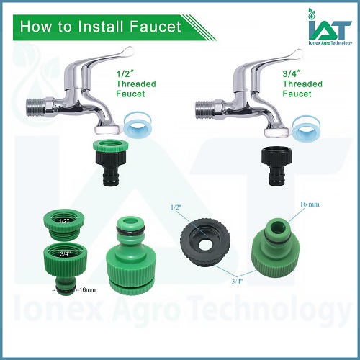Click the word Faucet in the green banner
tap(156, 27)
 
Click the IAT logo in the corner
tap(330, 27)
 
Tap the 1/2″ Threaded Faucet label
tap(136, 84)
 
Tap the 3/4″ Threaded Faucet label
tap(302, 84)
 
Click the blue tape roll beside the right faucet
tap(306, 127)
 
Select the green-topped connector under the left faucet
tap(110, 163)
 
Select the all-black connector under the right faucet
tap(276, 165)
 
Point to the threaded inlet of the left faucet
tap(35, 108)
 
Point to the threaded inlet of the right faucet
tap(204, 109)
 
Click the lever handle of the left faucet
tap(106, 60)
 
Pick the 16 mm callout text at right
tap(310, 204)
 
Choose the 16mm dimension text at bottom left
tap(87, 289)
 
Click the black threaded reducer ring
tap(205, 242)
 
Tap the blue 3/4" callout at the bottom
tap(238, 281)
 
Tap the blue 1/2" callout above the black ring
tap(176, 207)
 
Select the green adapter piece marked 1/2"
tap(64, 225)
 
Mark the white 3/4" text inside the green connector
tap(65, 253)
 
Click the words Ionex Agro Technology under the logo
tap(330, 42)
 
